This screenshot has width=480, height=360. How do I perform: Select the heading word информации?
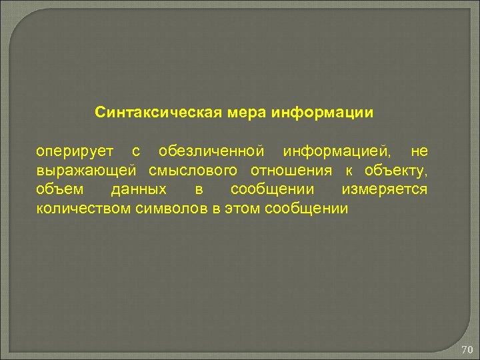click(x=323, y=111)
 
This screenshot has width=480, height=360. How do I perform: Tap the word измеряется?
click(x=385, y=189)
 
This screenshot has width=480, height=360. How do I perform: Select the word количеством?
click(x=85, y=209)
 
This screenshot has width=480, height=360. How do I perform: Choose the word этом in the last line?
click(x=242, y=209)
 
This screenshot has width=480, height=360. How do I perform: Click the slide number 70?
click(x=467, y=349)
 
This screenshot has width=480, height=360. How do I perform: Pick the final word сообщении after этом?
click(x=307, y=209)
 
